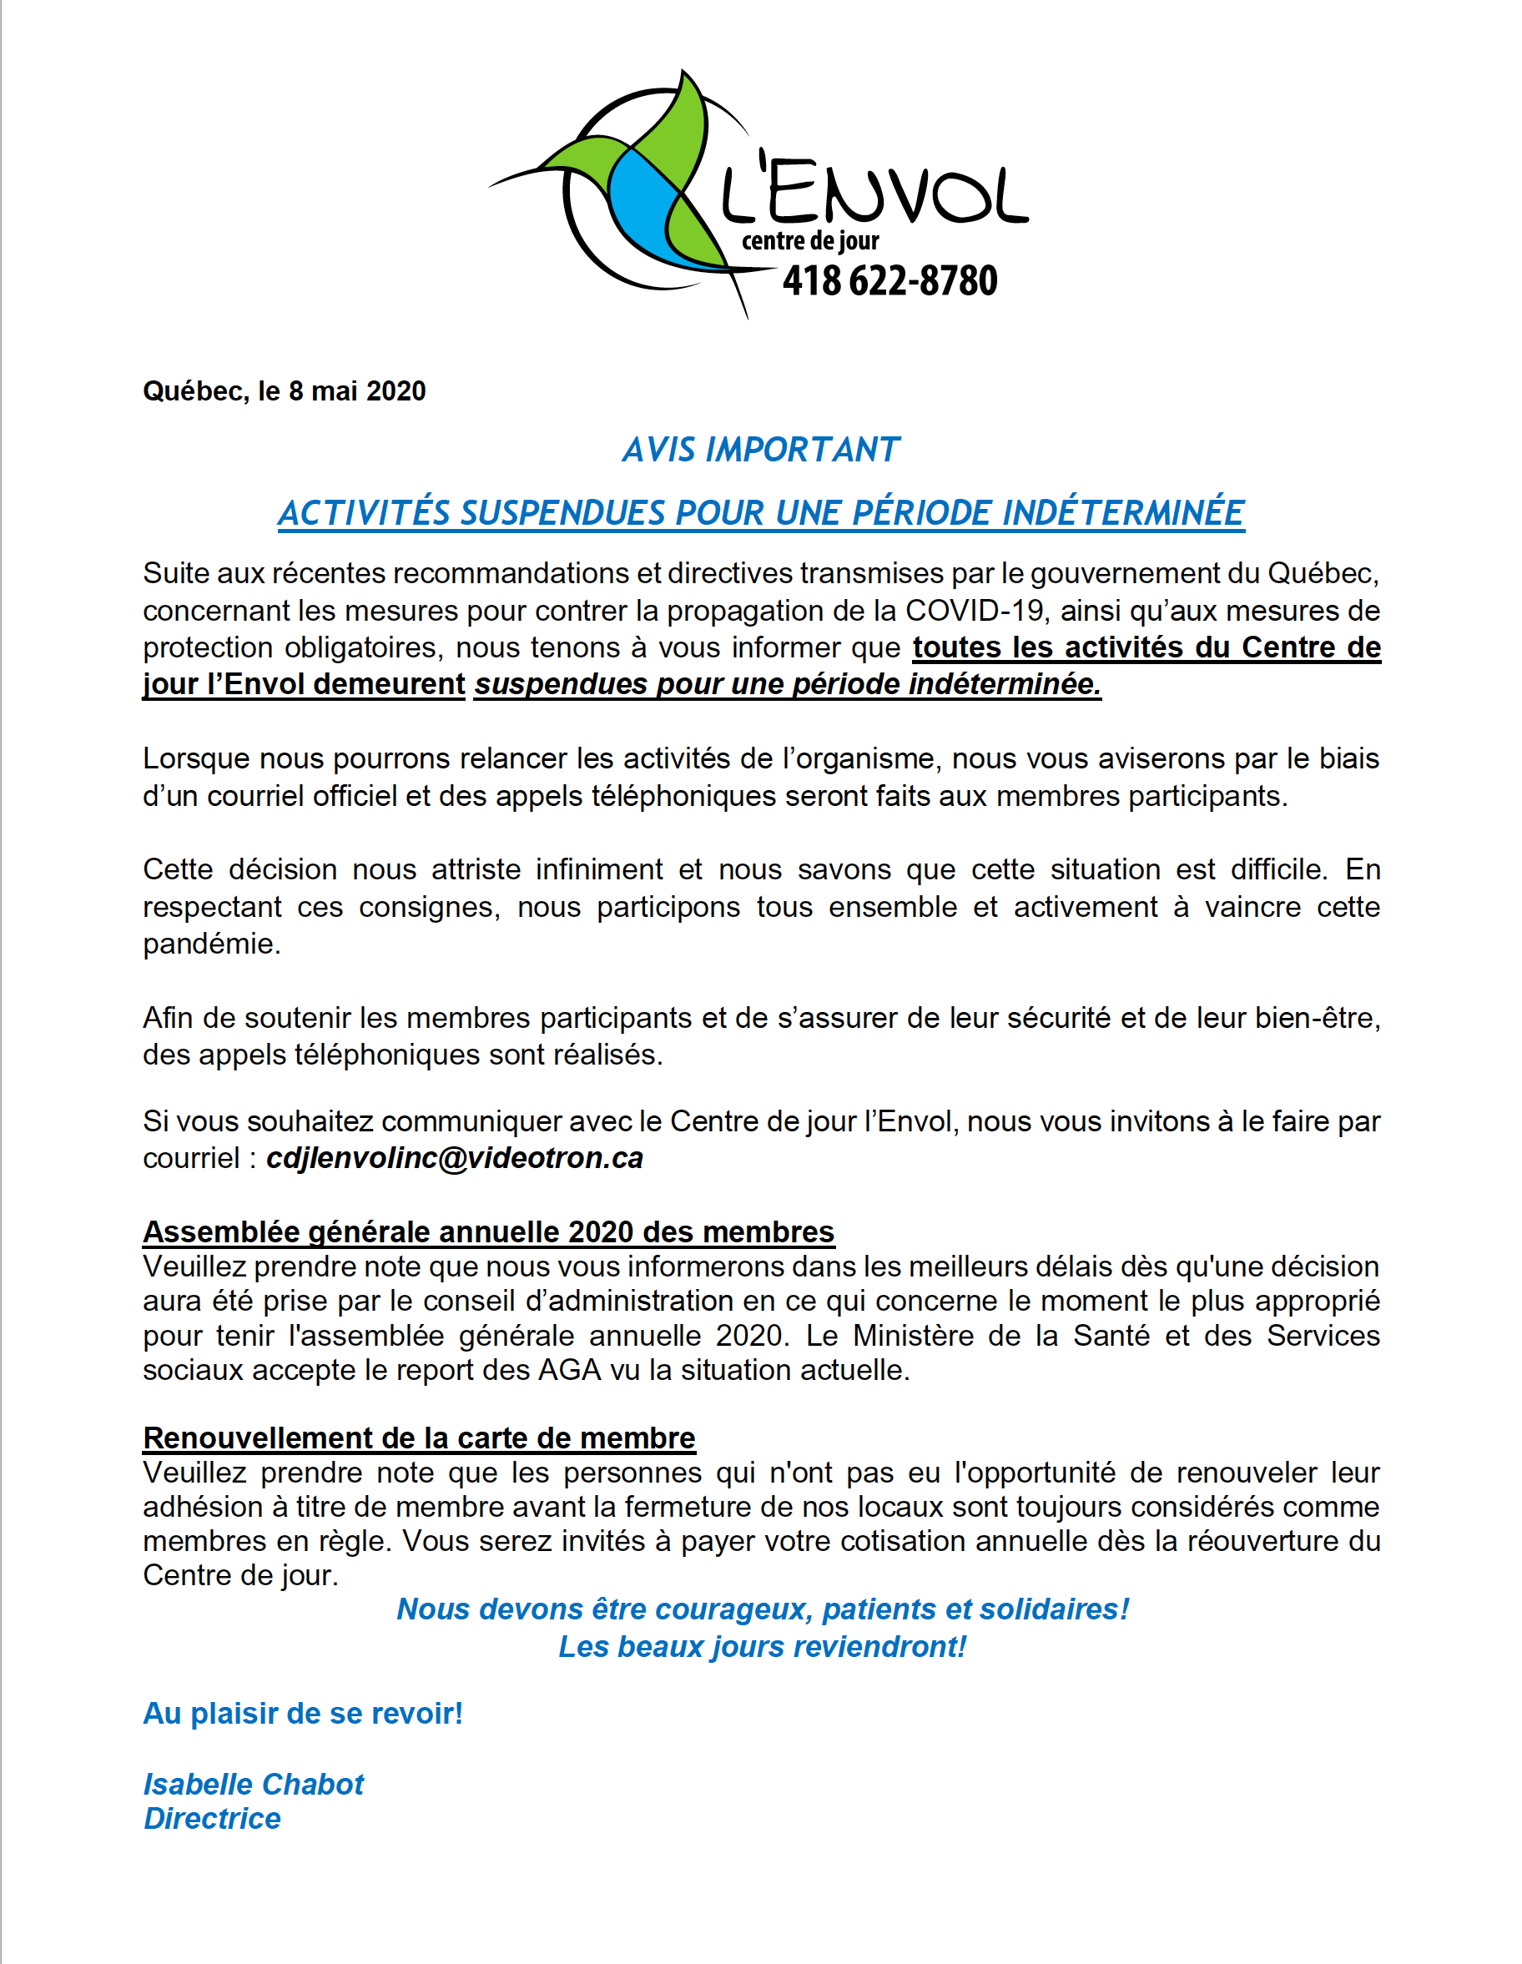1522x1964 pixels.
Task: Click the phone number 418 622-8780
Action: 889,280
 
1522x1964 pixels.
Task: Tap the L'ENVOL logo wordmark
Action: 874,193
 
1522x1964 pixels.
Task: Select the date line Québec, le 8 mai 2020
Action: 285,391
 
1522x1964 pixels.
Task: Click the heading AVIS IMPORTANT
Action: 761,450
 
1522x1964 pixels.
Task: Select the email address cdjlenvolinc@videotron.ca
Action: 454,1158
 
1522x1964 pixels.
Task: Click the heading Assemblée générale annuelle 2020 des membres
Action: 488,1231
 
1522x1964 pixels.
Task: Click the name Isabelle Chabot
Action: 254,1784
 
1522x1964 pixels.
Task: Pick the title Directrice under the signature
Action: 212,1818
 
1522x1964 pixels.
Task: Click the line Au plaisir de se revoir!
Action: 303,1713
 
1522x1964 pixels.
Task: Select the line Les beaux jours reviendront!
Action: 762,1647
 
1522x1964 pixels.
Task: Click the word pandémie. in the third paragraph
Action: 212,944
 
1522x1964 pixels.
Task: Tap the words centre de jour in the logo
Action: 809,241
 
